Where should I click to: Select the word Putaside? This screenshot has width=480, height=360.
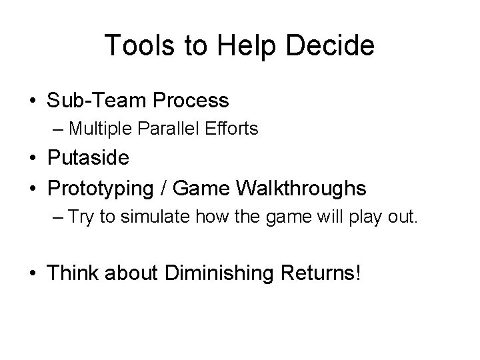click(89, 159)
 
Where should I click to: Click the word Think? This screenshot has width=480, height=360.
click(75, 272)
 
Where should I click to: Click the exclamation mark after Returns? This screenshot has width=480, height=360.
click(358, 272)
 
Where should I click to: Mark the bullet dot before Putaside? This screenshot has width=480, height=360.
click(32, 159)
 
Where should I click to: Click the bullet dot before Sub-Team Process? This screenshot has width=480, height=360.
click(32, 101)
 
